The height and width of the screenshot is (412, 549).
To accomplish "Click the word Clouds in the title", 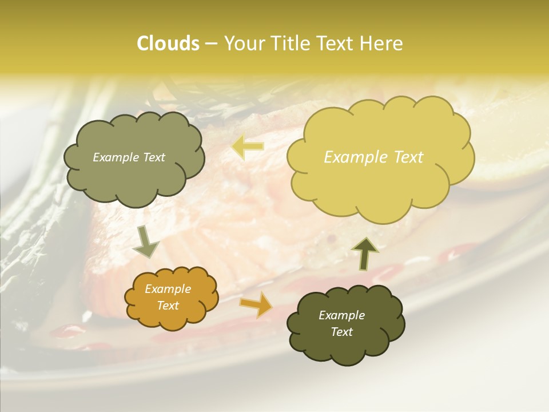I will pos(168,43).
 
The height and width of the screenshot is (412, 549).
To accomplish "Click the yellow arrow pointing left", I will pos(248,146).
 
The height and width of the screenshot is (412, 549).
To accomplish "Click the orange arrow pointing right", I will pos(256,304).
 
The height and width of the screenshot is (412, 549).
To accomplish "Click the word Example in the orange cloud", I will pos(168,289).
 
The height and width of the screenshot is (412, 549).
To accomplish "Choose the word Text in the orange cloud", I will pos(168,306).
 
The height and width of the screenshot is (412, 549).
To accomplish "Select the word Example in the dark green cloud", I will pos(341,315).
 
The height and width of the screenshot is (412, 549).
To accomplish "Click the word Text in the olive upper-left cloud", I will pos(153,157).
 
